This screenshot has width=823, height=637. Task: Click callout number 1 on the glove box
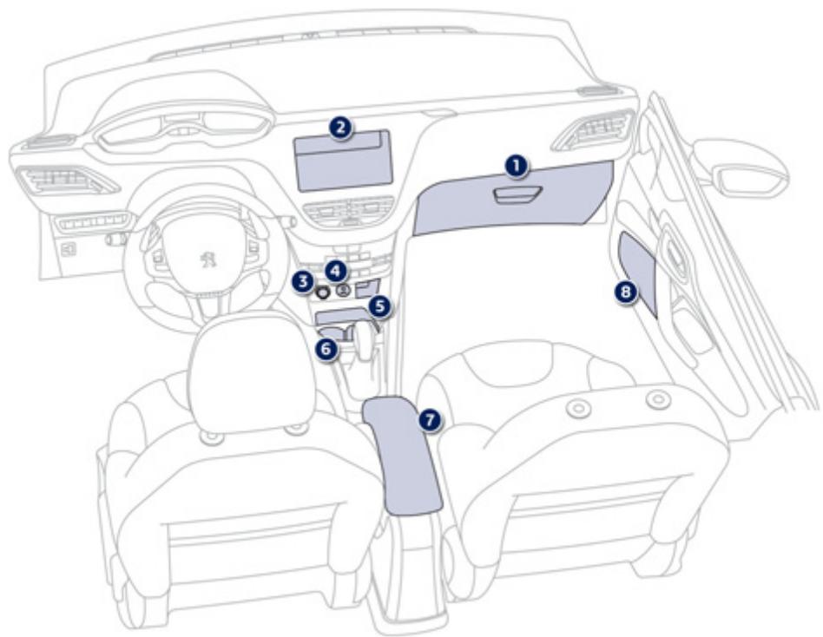[x=517, y=164]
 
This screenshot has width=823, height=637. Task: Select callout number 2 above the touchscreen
[x=340, y=128]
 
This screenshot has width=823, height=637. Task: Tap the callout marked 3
[x=302, y=280]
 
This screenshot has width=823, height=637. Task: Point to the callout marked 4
[x=336, y=270]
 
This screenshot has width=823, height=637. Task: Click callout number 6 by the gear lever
[x=326, y=349]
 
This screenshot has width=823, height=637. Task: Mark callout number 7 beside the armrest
[x=427, y=418]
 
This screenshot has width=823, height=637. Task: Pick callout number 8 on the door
[x=625, y=292]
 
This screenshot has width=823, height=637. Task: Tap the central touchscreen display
[x=342, y=165]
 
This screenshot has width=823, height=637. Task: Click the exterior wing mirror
[x=742, y=169]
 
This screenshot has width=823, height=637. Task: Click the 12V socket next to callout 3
[x=324, y=292]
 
